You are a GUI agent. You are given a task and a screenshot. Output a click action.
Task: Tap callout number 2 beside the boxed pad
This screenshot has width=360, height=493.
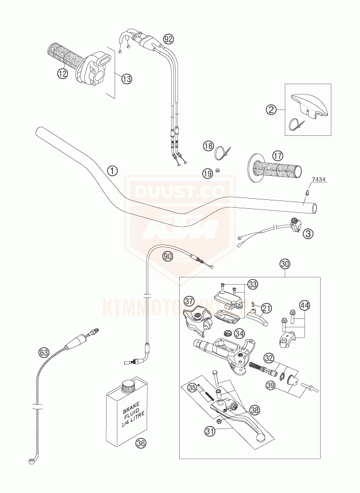(x=272, y=109)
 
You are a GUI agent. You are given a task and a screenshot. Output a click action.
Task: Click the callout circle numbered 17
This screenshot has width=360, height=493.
(x=276, y=156)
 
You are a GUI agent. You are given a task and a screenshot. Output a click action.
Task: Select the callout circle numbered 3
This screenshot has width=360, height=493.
(x=308, y=233)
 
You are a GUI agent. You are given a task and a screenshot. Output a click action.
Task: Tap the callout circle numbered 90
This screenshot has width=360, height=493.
(x=167, y=256)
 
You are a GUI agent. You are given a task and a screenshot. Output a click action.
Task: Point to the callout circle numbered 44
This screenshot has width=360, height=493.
(x=304, y=305)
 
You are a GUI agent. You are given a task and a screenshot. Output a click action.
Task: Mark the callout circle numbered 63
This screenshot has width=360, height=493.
(x=44, y=353)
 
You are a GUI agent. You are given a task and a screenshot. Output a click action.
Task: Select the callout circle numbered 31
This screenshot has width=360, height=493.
(x=211, y=431)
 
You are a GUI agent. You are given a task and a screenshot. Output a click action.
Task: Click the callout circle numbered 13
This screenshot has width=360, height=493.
(x=126, y=79)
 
